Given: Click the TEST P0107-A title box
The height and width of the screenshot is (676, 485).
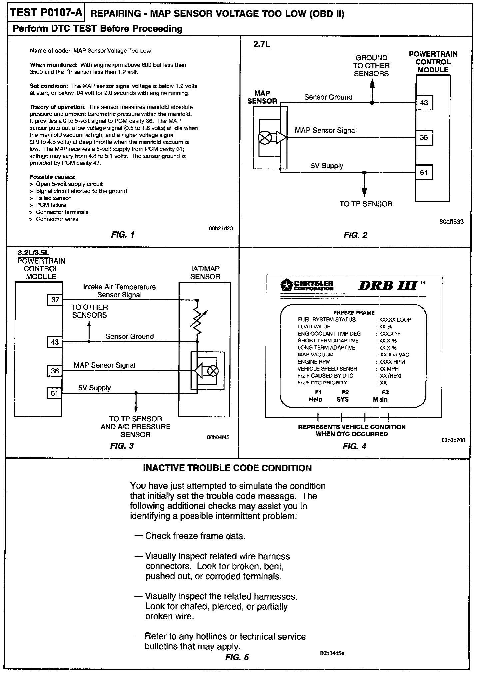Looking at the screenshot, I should tap(46, 13).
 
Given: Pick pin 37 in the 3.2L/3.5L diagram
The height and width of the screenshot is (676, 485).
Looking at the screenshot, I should tap(55, 300).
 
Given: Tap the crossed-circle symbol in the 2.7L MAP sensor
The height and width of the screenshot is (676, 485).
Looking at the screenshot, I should tap(265, 138).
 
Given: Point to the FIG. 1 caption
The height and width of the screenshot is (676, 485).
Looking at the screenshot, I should tap(123, 235).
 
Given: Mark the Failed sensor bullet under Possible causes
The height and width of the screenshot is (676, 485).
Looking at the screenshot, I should tap(53, 198).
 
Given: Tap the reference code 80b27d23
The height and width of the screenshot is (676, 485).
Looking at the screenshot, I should tap(221, 228).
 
